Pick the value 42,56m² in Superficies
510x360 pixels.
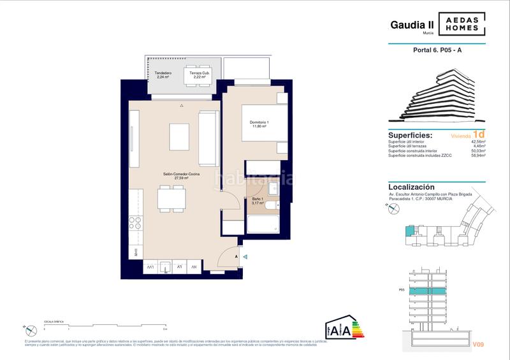point(478,142)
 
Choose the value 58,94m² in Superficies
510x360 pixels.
point(478,155)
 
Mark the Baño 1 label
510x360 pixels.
point(257,201)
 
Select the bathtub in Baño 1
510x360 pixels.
point(263,224)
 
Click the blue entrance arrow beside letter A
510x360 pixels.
point(245,256)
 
